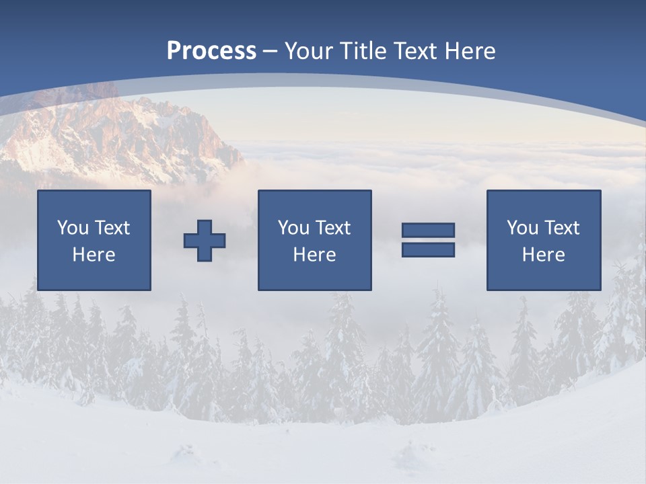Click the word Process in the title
pyautogui.click(x=211, y=51)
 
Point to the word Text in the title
pyautogui.click(x=412, y=51)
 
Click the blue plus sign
pyautogui.click(x=205, y=241)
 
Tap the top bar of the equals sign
pyautogui.click(x=428, y=230)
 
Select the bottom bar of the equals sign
pyautogui.click(x=428, y=249)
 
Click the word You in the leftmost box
pyautogui.click(x=72, y=228)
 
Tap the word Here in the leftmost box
pyautogui.click(x=94, y=255)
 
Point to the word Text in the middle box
pyautogui.click(x=333, y=228)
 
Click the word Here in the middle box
pyautogui.click(x=315, y=255)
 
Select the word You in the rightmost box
pyautogui.click(x=522, y=228)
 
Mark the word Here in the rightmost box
pyautogui.click(x=544, y=255)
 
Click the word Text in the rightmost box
pyautogui.click(x=562, y=228)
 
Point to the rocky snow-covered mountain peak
pyautogui.click(x=135, y=131)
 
